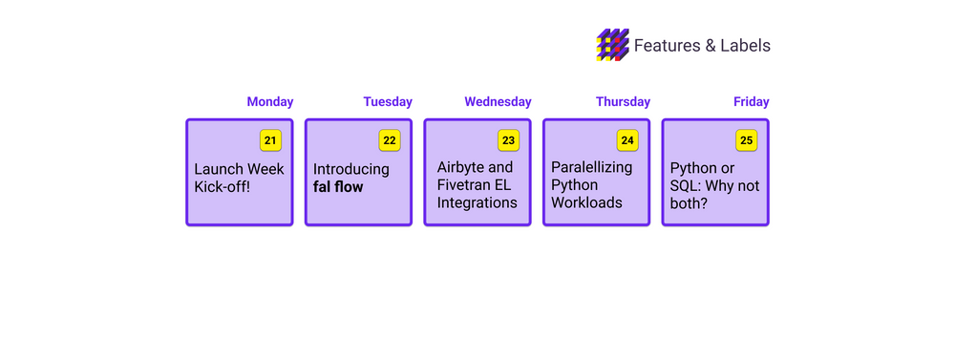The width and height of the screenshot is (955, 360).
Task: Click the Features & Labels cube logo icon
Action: click(x=613, y=45)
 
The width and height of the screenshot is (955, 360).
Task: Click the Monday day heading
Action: click(x=270, y=102)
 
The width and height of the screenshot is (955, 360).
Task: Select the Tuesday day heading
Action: click(x=388, y=102)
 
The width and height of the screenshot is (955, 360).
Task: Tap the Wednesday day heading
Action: click(x=498, y=102)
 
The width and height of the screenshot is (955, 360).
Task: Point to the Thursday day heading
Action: click(x=623, y=102)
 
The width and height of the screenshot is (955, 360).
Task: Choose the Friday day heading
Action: click(x=751, y=102)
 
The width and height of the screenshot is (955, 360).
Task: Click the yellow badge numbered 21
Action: click(x=270, y=140)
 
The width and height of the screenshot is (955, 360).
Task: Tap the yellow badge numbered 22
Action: click(x=390, y=140)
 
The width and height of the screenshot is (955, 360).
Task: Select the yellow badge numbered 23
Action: click(x=509, y=140)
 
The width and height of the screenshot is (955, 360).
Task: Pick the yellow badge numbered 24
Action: click(x=627, y=140)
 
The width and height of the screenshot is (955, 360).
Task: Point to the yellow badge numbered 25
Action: click(x=746, y=140)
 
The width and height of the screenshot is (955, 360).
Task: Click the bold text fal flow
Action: click(x=338, y=187)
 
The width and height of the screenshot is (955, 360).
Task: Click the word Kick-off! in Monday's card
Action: click(x=223, y=187)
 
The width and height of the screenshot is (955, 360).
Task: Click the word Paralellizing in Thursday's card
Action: click(x=592, y=167)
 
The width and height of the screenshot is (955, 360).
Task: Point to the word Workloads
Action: click(x=586, y=202)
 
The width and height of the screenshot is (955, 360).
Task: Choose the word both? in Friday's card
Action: click(x=689, y=203)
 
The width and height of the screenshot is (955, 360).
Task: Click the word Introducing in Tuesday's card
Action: click(x=350, y=169)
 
